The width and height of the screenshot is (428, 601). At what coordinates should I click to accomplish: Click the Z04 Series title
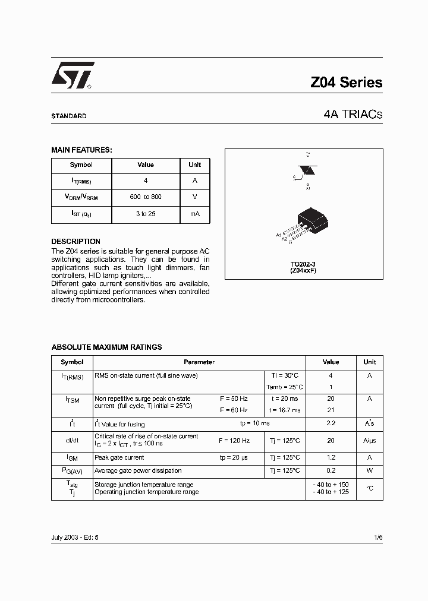pyautogui.click(x=346, y=83)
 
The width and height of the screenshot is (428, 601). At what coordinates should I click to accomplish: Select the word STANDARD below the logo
pyautogui.click(x=69, y=116)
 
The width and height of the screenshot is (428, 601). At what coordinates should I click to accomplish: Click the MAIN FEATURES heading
pyautogui.click(x=81, y=150)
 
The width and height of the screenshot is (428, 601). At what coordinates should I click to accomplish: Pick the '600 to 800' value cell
pyautogui.click(x=146, y=197)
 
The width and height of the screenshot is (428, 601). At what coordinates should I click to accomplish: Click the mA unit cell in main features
pyautogui.click(x=194, y=214)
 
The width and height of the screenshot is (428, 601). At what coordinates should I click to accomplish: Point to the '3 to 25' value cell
pyautogui.click(x=146, y=214)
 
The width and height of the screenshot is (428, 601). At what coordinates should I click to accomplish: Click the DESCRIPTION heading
pyautogui.click(x=75, y=242)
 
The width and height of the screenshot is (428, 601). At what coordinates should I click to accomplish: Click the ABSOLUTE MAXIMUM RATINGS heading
pyautogui.click(x=106, y=347)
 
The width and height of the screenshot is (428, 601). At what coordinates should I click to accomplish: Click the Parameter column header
pyautogui.click(x=199, y=362)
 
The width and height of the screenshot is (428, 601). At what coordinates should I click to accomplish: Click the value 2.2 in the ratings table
pyautogui.click(x=331, y=423)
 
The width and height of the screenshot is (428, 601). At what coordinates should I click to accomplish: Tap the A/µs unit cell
pyautogui.click(x=369, y=441)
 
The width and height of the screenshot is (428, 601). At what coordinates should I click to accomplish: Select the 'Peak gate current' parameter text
pyautogui.click(x=119, y=458)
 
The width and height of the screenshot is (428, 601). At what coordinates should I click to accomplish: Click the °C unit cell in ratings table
pyautogui.click(x=369, y=488)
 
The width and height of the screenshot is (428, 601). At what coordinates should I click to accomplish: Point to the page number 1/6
pyautogui.click(x=379, y=537)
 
